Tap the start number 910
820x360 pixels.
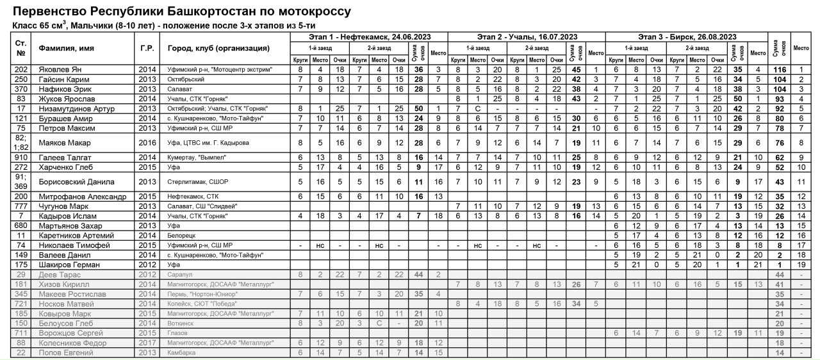[x=20, y=156]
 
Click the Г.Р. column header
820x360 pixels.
[x=147, y=48]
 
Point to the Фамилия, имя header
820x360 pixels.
[x=65, y=48]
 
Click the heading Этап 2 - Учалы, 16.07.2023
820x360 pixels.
[x=527, y=37]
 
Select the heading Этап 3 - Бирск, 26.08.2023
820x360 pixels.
[x=687, y=37]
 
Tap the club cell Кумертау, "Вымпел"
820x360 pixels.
[x=195, y=156]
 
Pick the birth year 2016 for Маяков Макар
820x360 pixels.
[x=147, y=142]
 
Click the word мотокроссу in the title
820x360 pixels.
[x=307, y=12]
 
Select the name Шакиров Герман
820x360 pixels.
[x=67, y=264]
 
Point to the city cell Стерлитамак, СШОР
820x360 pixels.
[x=199, y=182]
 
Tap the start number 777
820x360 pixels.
[x=20, y=206]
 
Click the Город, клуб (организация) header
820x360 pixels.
[x=219, y=48]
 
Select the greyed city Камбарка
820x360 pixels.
[x=181, y=353]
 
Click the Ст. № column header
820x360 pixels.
[x=20, y=48]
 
